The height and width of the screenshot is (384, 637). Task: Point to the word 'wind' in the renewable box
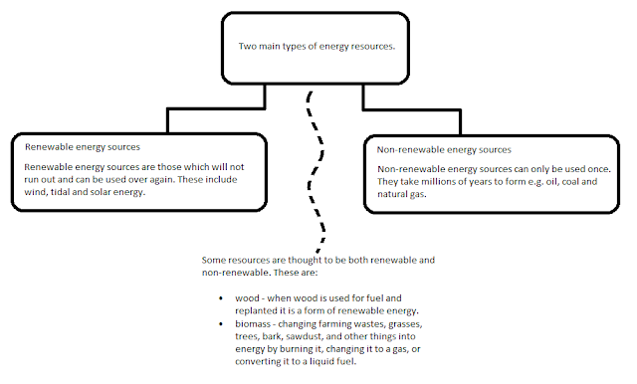(x=38, y=192)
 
